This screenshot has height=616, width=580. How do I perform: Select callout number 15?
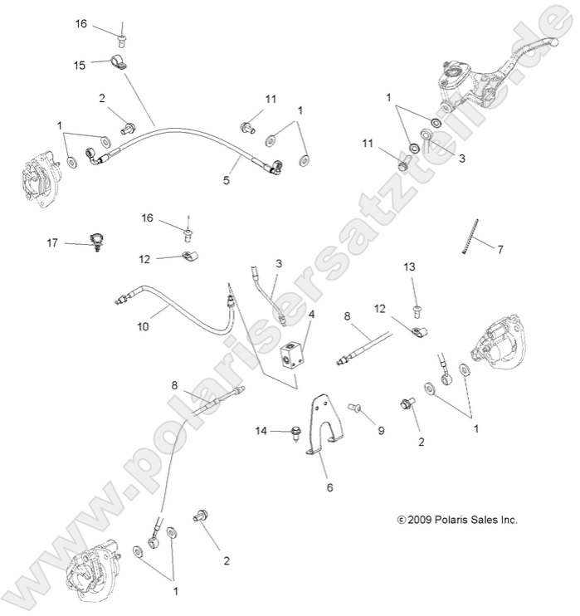point(80,65)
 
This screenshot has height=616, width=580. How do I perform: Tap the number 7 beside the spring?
point(500,248)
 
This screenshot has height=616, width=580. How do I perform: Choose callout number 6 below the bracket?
point(329,487)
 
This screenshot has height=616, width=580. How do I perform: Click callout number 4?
point(311,315)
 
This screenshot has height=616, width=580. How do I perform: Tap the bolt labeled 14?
point(294,431)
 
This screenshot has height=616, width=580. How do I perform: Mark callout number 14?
point(262,430)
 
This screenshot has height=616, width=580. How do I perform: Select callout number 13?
point(408,266)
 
